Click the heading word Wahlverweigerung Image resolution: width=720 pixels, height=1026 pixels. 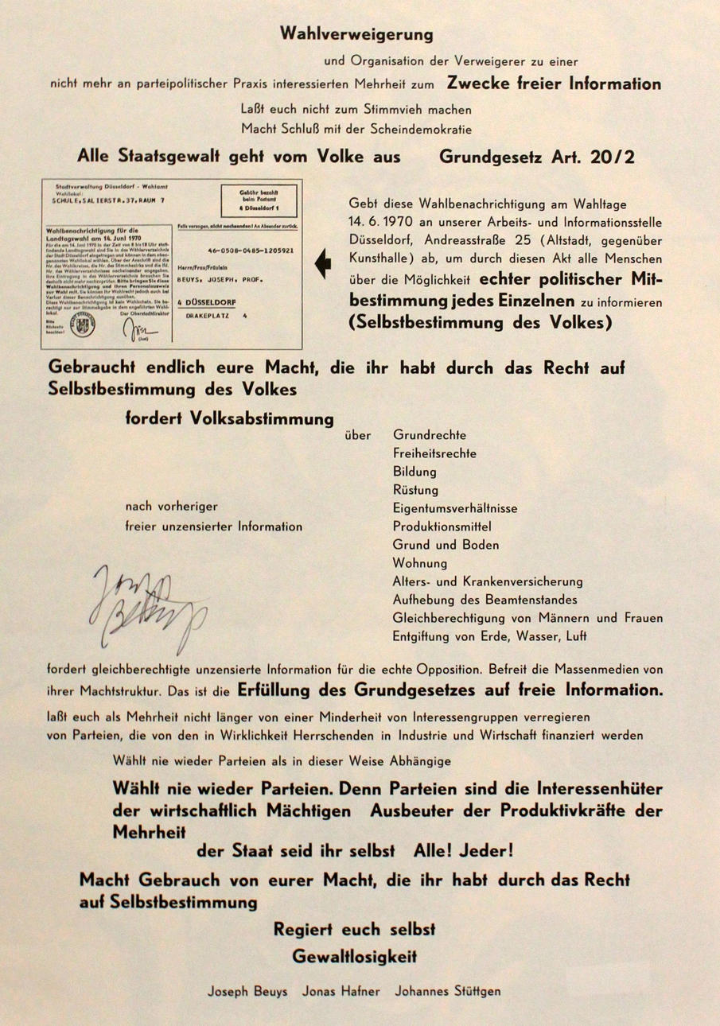coord(356,34)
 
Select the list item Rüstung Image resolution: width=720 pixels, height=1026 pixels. coord(415,490)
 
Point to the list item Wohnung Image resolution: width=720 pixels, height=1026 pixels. coord(419,563)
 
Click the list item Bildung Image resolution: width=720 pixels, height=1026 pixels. coord(414,472)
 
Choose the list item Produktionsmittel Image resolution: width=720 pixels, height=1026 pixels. coord(442,527)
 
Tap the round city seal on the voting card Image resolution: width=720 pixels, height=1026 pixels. coord(82,327)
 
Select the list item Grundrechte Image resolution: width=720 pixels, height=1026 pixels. coord(430,435)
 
